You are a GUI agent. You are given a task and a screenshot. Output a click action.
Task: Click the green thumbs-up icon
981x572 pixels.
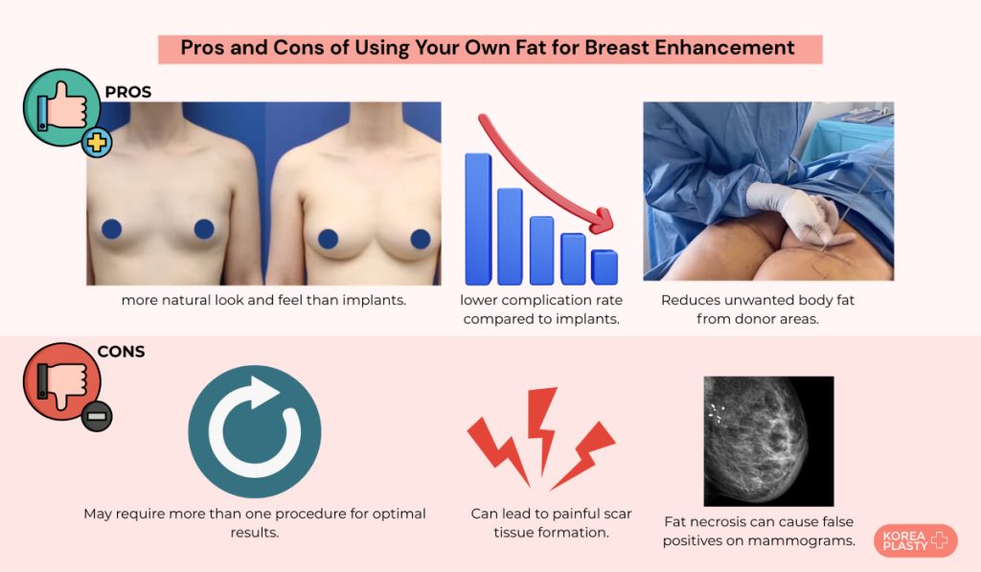click(x=61, y=107)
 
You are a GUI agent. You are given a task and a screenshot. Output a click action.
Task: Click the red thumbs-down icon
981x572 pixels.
click(x=61, y=380)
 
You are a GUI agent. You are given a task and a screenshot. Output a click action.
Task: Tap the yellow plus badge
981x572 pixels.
click(x=97, y=143)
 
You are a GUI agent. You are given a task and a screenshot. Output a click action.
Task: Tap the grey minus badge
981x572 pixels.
click(x=97, y=416)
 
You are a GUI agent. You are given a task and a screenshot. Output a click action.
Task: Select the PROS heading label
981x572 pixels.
click(x=128, y=92)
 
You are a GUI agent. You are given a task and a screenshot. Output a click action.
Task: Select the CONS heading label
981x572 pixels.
click(x=121, y=352)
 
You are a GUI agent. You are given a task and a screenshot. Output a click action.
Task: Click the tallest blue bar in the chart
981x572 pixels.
click(x=479, y=219)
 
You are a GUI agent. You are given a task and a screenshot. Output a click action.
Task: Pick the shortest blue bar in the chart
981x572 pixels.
click(x=605, y=267)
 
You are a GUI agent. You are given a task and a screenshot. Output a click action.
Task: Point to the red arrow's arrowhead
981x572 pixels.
click(x=602, y=219)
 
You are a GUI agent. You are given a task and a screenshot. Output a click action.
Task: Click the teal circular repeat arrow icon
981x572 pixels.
click(x=255, y=432)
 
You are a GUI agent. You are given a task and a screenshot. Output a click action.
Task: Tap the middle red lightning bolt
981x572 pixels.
click(x=542, y=430)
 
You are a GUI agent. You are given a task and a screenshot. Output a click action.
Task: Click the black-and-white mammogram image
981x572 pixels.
click(x=768, y=441)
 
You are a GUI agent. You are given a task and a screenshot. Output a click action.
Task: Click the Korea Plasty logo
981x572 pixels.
click(x=915, y=540)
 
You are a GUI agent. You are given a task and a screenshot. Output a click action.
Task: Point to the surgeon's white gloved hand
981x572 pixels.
click(x=793, y=212)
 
